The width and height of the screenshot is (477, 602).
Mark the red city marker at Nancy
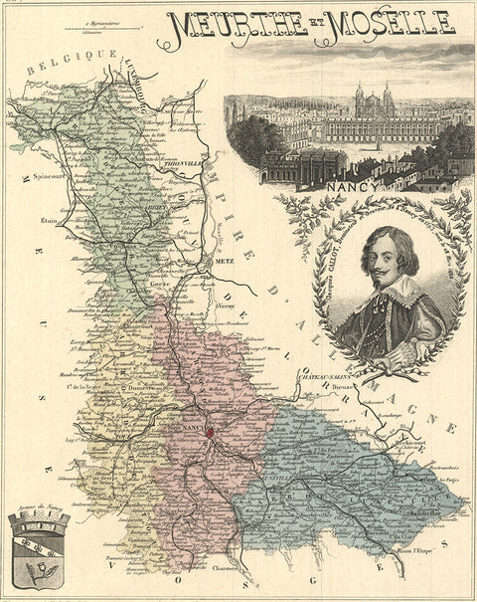210,432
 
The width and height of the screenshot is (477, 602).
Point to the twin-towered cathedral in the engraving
373,101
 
